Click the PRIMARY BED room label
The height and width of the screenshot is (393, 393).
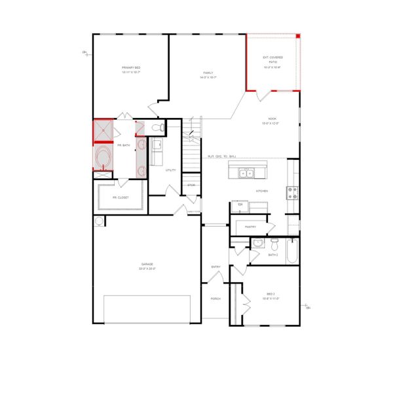coord(132,68)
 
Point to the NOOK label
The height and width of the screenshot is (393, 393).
coord(272,119)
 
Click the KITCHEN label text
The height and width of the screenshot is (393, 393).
coord(262,191)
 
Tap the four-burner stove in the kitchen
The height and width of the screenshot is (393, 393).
coord(292,192)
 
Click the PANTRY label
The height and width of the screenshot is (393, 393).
coord(250,227)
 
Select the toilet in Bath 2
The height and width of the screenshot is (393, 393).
coord(275,246)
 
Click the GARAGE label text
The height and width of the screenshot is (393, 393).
coord(147,265)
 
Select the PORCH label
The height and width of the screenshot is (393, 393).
coord(215,299)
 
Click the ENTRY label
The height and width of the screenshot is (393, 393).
coord(215,267)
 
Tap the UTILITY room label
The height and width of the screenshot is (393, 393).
coord(171,170)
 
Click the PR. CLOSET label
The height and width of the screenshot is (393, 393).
coord(121,197)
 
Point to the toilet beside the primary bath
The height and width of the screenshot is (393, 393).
coord(155,127)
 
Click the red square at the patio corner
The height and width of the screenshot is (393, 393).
coord(297,36)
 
